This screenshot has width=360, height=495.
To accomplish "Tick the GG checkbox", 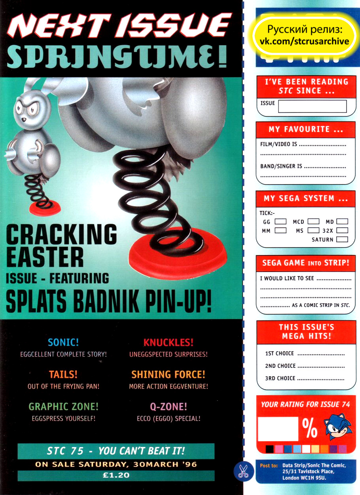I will [x=280, y=222].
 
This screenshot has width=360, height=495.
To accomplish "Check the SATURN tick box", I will [x=342, y=240].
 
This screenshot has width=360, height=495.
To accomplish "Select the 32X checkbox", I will [x=342, y=230].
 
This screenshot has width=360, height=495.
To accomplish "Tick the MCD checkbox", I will [x=313, y=222].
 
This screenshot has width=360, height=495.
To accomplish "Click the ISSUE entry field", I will [x=312, y=106].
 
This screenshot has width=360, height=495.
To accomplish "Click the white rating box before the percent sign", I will [x=278, y=429].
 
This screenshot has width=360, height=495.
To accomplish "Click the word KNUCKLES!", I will [x=168, y=343].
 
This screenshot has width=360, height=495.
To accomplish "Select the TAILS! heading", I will [x=63, y=375].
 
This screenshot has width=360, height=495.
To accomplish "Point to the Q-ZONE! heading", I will [x=168, y=407].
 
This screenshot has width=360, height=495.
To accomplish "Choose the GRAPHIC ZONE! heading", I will [x=63, y=407].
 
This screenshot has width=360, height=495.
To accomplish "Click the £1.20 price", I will [x=116, y=476].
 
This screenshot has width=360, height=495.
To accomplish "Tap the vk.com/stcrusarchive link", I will [x=304, y=42].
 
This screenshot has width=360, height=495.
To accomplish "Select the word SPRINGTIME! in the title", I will [x=117, y=59].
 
